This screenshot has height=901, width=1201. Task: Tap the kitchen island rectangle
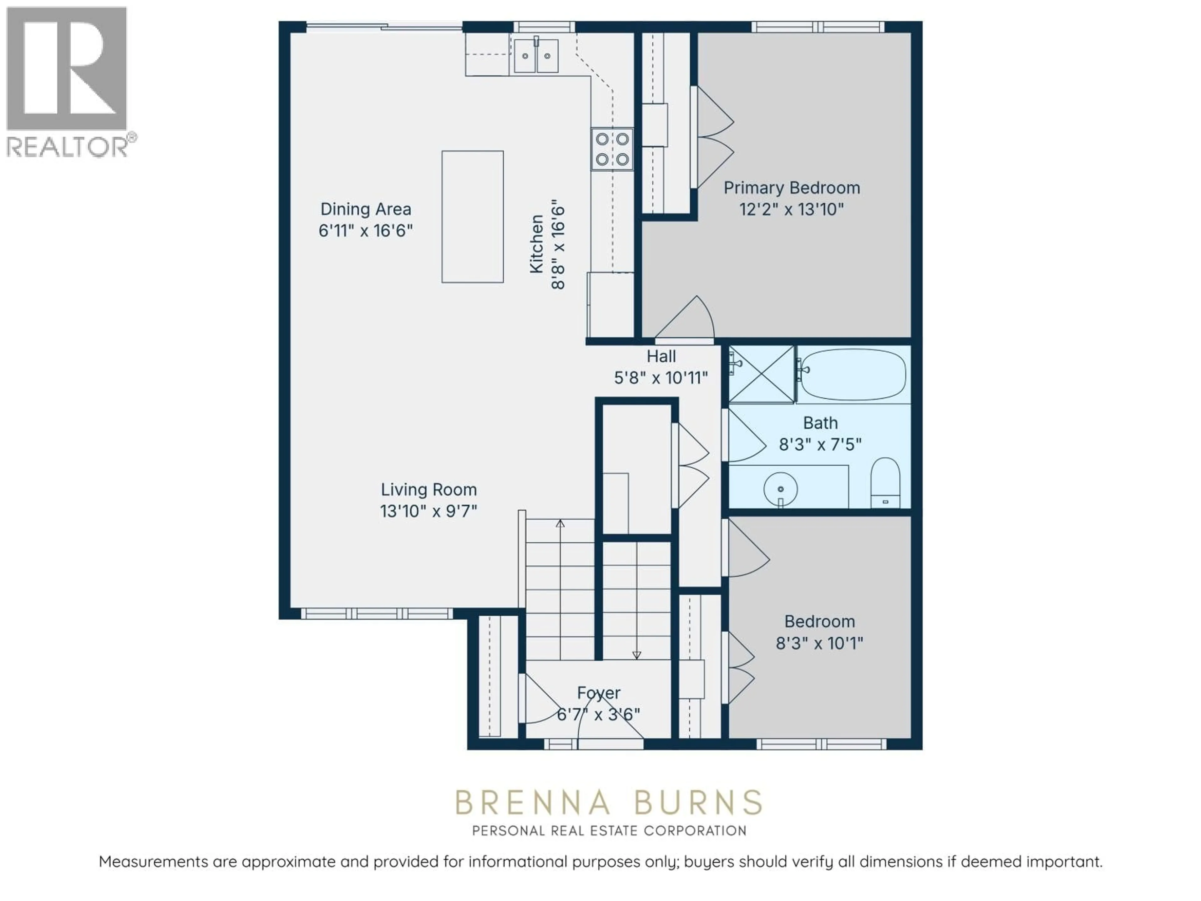coord(472,217)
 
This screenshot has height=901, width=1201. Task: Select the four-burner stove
coord(612,149)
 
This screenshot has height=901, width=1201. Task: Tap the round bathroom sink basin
coord(780,488)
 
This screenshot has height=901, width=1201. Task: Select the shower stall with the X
coord(761,374)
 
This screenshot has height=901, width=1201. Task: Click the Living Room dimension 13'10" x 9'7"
coord(428,512)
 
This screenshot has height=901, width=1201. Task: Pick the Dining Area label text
coord(365,209)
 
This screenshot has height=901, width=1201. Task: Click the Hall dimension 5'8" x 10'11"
coord(661,378)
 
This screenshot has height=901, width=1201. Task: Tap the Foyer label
coord(598,693)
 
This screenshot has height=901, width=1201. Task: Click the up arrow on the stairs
coord(560,523)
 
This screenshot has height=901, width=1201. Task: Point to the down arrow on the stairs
coord(637,655)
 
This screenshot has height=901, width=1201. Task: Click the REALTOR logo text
coord(67,147)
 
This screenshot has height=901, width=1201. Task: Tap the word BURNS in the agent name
coord(698,803)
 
